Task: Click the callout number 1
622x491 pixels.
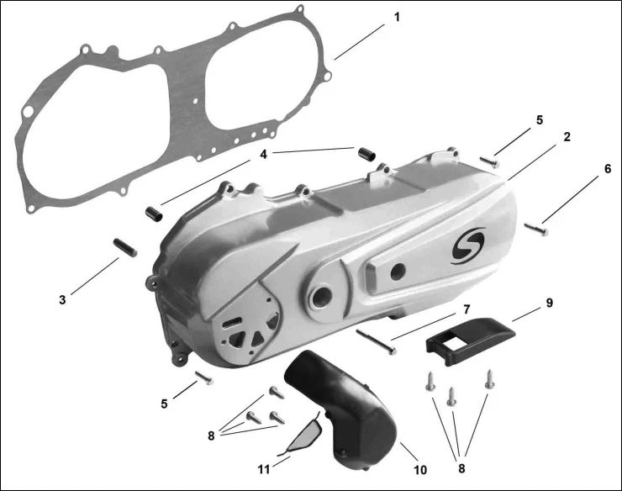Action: pyautogui.click(x=396, y=18)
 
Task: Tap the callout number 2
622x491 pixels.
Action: pyautogui.click(x=567, y=137)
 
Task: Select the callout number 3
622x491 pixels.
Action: pyautogui.click(x=62, y=300)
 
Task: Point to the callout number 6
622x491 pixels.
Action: pyautogui.click(x=608, y=169)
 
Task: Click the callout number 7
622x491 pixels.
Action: pyautogui.click(x=466, y=309)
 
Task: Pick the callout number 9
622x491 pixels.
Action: pyautogui.click(x=549, y=303)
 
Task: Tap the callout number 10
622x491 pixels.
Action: pyautogui.click(x=420, y=470)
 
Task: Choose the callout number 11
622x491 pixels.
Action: pyautogui.click(x=264, y=470)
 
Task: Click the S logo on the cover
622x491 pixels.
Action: pyautogui.click(x=468, y=245)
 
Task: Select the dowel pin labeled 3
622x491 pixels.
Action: pyautogui.click(x=125, y=247)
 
